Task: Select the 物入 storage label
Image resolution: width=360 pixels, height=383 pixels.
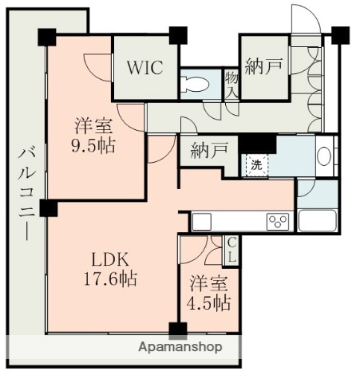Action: point(231,83)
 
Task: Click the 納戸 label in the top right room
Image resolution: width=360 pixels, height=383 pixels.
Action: point(263,67)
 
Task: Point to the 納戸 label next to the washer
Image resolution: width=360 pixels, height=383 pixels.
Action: point(209,149)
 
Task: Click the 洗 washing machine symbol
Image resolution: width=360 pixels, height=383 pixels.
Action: point(255,165)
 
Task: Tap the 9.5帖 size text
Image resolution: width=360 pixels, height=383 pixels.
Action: point(93,147)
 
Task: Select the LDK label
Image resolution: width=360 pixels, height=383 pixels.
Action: point(109,259)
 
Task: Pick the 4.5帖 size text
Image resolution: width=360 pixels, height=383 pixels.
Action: point(210,303)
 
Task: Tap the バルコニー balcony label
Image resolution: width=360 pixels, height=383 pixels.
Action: point(26,191)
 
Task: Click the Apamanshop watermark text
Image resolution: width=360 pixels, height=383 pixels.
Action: point(180,347)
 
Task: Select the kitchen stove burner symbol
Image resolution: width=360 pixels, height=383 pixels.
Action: point(277,220)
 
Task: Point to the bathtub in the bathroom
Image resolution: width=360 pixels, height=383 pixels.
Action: point(317,219)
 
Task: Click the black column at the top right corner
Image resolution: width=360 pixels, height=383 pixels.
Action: point(340,35)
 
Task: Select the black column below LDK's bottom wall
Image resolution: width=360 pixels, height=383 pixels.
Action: point(176,328)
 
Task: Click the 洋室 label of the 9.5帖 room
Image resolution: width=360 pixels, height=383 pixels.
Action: point(93,126)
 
